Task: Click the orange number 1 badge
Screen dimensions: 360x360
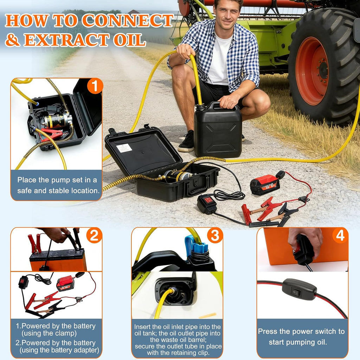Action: coord(95,86)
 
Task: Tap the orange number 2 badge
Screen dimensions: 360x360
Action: coord(94,235)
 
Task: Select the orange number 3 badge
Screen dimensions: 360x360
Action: coord(215,235)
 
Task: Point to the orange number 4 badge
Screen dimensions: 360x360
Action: coord(340,235)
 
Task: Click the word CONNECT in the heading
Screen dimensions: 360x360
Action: coord(127,21)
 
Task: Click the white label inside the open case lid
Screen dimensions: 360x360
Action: coord(124,148)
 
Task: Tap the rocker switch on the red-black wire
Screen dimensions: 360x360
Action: coord(299,290)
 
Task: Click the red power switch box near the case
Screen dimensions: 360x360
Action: coord(207,203)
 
